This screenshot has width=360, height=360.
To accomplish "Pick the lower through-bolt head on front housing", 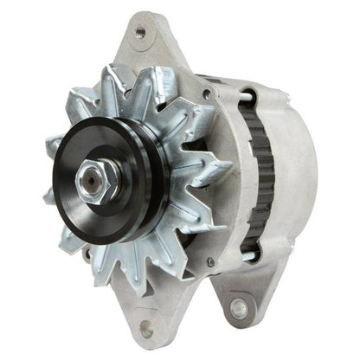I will [209, 262].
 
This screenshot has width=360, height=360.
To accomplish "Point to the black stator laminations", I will [257, 173].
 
